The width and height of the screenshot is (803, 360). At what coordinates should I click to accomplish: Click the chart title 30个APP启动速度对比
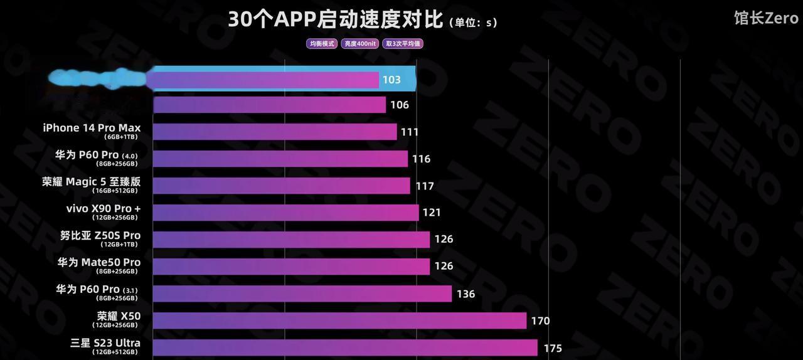click(x=335, y=20)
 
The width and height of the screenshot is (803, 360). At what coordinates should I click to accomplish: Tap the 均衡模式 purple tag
click(x=322, y=44)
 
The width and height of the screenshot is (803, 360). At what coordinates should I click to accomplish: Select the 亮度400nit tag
click(x=359, y=44)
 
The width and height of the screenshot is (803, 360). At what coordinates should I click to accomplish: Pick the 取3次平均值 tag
click(x=403, y=44)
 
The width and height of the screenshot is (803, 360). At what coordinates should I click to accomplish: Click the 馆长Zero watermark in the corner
click(x=766, y=18)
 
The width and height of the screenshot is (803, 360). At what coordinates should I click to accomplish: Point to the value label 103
click(x=391, y=80)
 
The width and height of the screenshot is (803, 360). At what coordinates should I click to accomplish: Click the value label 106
click(x=399, y=105)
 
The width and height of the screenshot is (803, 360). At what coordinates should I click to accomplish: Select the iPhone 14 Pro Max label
click(x=92, y=128)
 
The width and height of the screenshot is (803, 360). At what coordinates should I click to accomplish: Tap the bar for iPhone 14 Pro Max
click(x=275, y=132)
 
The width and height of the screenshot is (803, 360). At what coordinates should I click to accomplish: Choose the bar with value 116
click(x=280, y=159)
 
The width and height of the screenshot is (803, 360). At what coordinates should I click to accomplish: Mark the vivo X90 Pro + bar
click(x=285, y=213)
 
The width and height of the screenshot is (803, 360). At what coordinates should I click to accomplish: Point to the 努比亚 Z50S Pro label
click(x=100, y=236)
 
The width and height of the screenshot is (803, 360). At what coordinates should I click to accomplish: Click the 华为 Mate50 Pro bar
click(x=291, y=267)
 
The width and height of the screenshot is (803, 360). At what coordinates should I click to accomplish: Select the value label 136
click(x=465, y=294)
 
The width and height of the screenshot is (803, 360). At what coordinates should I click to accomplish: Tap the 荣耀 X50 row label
click(x=119, y=317)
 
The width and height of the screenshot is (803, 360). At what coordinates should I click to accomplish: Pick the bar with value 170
click(x=339, y=320)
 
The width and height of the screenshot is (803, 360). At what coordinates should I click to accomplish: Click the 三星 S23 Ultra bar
click(x=345, y=347)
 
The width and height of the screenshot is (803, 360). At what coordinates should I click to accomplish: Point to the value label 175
click(x=552, y=348)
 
